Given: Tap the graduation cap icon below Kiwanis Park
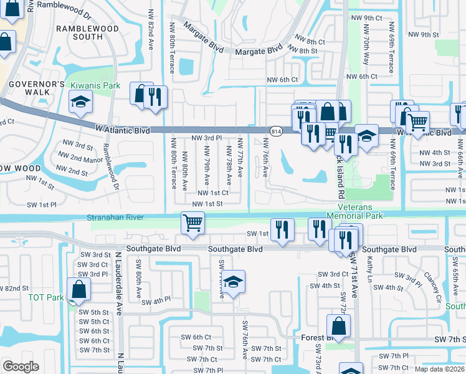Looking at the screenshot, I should pos(80,103).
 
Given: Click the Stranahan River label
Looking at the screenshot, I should pos(117,218).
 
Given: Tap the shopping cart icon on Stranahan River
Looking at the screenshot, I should pos(193,222).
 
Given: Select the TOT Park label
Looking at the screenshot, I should pos(45,297).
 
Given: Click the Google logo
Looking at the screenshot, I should pos(21,366).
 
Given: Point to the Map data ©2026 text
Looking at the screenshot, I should pos(439,369).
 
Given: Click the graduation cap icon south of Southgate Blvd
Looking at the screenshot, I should pos(234,282).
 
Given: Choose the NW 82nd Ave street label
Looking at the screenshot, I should pos(150,25).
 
